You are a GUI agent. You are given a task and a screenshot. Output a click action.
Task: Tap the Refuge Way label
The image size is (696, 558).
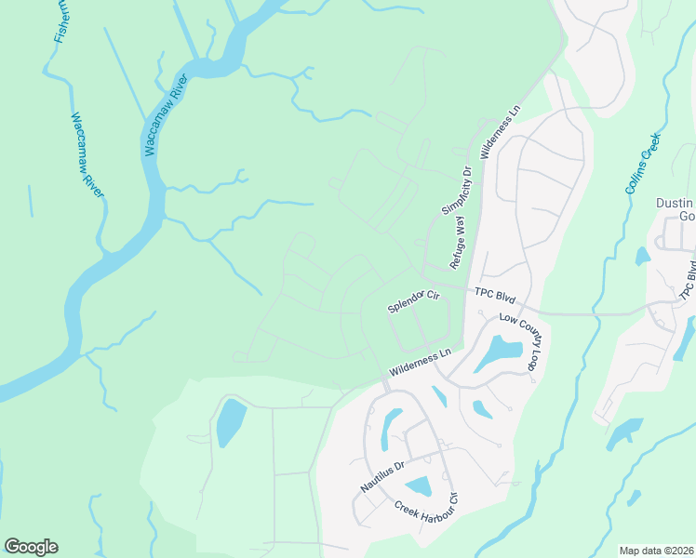457,241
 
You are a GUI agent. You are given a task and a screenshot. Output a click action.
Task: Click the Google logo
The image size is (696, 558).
31,547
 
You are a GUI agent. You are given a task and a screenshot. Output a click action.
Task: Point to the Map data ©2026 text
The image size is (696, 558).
655,551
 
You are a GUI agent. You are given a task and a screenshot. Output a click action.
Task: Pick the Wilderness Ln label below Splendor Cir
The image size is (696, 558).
420,361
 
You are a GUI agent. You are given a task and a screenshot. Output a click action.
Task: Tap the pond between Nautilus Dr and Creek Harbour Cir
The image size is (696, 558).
418,485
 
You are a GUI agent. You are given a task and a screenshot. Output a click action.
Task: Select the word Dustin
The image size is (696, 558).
675,204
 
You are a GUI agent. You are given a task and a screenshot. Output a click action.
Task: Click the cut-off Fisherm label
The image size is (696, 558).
61,20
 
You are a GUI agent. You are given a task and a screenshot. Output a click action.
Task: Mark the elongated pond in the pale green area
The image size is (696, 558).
229,422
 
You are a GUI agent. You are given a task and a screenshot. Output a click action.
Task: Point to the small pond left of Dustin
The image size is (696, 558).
643,255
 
